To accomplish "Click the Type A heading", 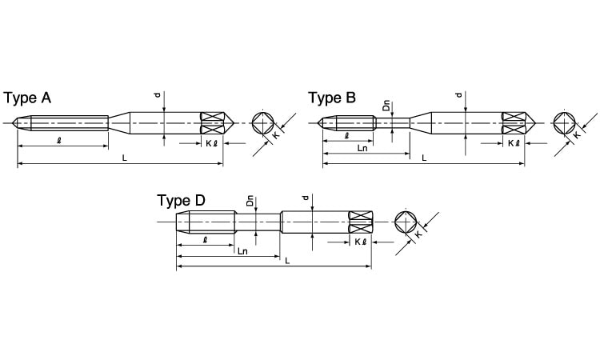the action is [27, 98].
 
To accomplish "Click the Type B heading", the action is [332, 98].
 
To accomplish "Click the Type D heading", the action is [181, 201].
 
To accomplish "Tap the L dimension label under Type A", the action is [124, 158].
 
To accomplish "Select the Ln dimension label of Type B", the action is [362, 148].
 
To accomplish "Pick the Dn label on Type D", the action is [250, 201].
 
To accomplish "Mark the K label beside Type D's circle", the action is [418, 234].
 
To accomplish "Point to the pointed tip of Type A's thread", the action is [13, 123].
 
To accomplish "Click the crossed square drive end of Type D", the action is [361, 222].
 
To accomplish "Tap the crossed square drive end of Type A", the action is [212, 123].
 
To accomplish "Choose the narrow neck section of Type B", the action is [392, 123].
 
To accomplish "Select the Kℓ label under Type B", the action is [514, 143].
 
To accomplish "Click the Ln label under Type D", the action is [242, 251].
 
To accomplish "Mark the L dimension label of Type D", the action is [287, 261].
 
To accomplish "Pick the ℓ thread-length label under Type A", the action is [59, 141].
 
